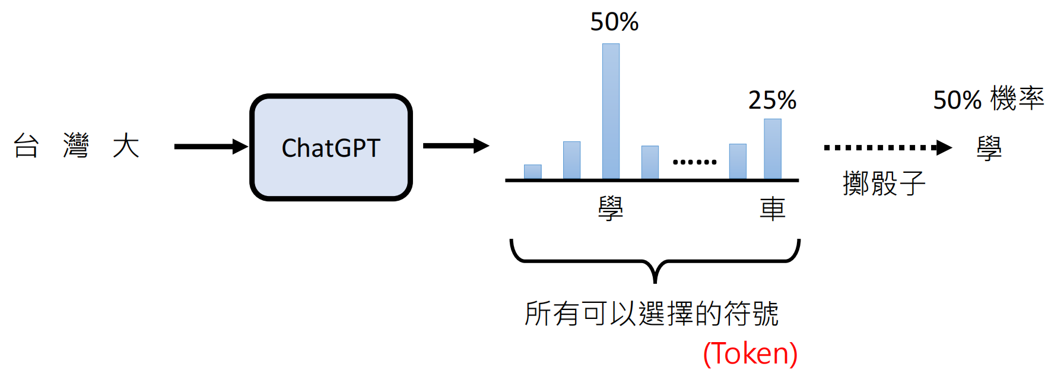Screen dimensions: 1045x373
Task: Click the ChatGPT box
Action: [x=331, y=147]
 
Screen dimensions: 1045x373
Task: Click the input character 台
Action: [x=26, y=146]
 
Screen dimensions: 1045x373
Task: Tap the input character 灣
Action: [x=76, y=146]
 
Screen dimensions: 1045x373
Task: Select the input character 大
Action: [x=126, y=146]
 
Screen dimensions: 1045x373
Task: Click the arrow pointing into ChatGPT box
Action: [x=211, y=146]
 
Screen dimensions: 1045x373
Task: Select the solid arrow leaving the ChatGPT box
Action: [x=456, y=146]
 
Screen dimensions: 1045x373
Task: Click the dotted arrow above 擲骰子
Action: [x=887, y=147]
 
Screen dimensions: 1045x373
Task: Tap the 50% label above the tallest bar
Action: [x=614, y=22]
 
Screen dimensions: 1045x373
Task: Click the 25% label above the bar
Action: [x=772, y=100]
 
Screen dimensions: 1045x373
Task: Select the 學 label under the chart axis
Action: [x=611, y=208]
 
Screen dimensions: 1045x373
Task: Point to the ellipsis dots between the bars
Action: [x=694, y=162]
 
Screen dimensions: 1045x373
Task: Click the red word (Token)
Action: [x=750, y=353]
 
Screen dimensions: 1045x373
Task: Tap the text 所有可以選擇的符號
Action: [x=651, y=313]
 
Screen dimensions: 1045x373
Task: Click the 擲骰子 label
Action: [x=884, y=183]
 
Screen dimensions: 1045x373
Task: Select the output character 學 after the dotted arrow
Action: [x=989, y=148]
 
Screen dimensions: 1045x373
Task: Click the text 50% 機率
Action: [x=988, y=99]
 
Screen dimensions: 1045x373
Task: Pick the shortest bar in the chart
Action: [x=532, y=172]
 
